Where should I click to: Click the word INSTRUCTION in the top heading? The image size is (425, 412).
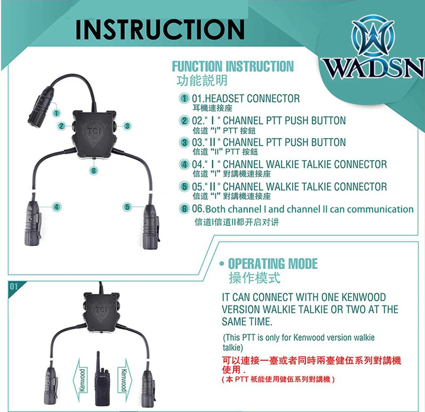[x=160, y=29]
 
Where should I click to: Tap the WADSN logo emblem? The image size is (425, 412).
[x=373, y=36]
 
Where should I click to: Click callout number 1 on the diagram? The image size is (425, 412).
[x=57, y=113]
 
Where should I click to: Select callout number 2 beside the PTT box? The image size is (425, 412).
[x=62, y=126]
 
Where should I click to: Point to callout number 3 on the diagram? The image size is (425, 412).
[x=127, y=126]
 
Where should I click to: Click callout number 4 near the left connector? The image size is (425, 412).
[x=57, y=207]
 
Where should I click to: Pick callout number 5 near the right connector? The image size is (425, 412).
[x=127, y=207]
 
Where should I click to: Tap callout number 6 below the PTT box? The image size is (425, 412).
[x=93, y=170]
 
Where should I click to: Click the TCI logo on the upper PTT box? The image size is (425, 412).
[x=94, y=131]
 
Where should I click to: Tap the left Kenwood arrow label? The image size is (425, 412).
[x=82, y=380]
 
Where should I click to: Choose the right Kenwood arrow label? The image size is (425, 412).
[x=124, y=380]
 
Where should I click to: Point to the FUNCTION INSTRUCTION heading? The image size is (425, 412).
[x=233, y=66]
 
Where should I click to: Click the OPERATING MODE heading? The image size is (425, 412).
[x=273, y=264]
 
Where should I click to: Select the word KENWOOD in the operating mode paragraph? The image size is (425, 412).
[x=363, y=297]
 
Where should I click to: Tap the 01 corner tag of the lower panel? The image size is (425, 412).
[x=14, y=287]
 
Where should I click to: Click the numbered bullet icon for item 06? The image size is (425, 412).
[x=184, y=209]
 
